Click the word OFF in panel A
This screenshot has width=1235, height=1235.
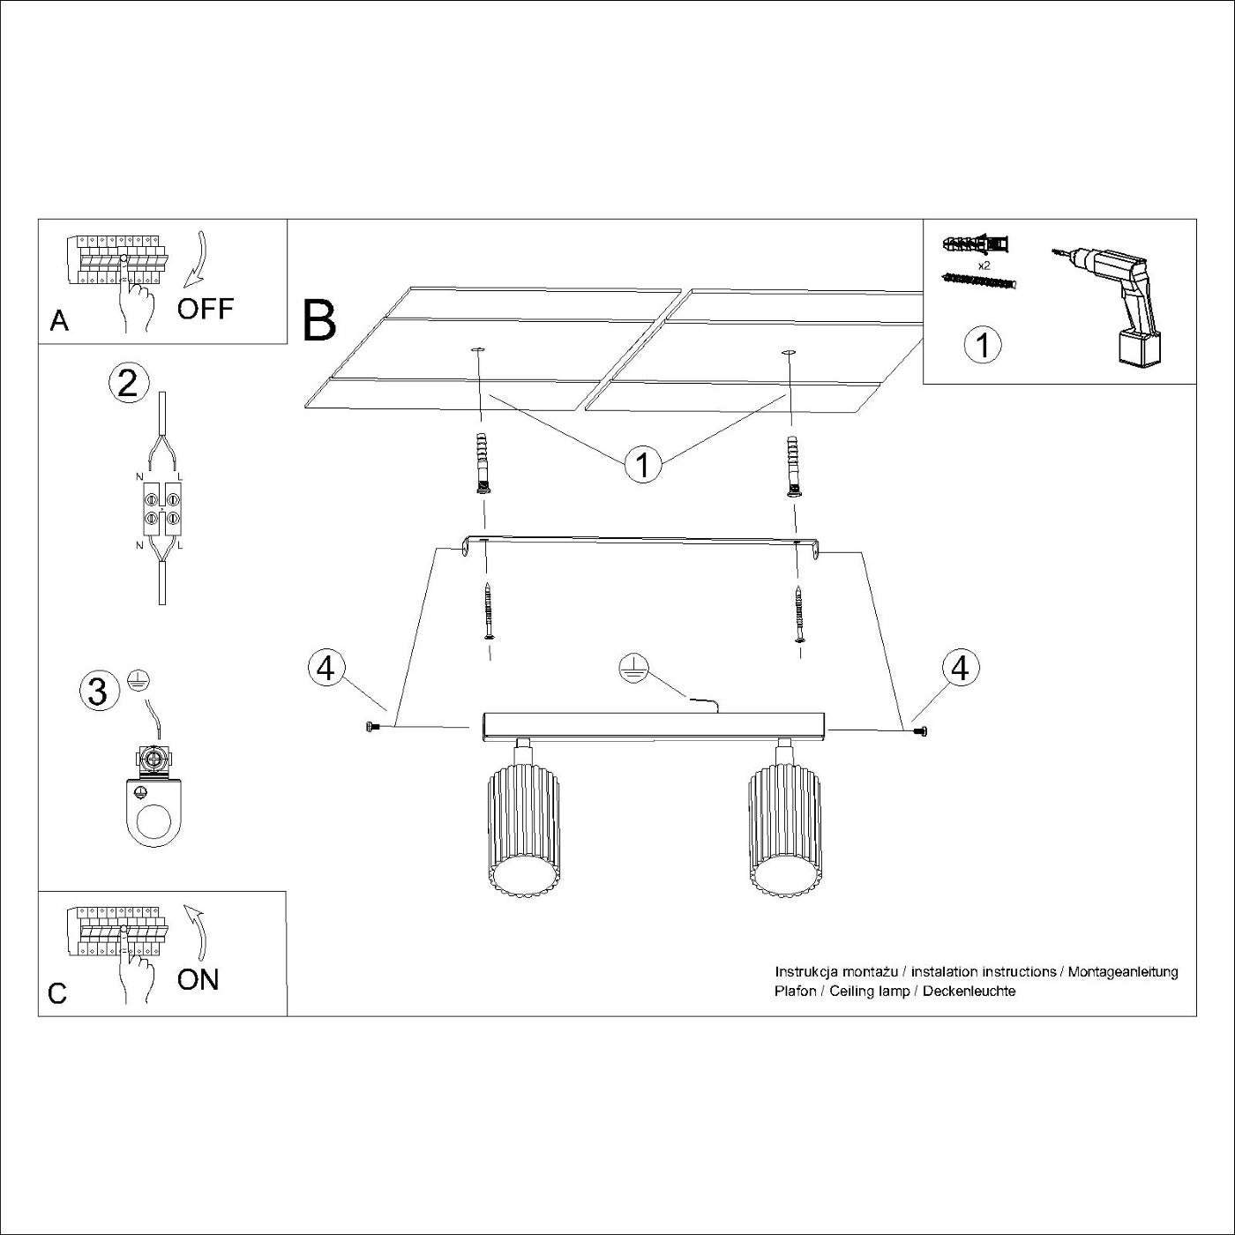coord(205,309)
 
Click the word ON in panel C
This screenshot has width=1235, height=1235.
coord(198,979)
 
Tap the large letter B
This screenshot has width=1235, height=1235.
coord(319,321)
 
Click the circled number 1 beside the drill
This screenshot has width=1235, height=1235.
coord(983,345)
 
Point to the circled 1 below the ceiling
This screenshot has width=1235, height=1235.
coord(642,464)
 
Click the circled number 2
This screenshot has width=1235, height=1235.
coord(128,384)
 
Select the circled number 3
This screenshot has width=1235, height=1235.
coord(99,690)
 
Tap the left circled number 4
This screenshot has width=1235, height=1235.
coord(326,668)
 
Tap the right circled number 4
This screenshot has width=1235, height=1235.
coord(960,668)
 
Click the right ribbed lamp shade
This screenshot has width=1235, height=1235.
coord(784,829)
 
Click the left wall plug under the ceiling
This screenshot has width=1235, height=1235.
coord(481,464)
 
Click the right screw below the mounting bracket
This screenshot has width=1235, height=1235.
coord(799,614)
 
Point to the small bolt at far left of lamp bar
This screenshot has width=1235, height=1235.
coord(370,727)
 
